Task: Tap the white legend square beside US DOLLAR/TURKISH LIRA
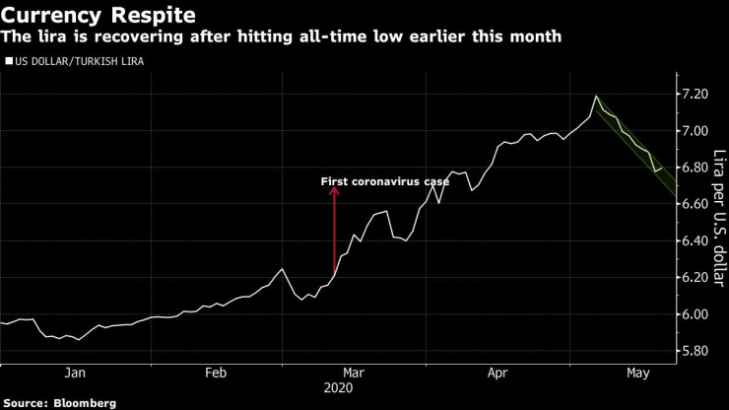(x=9, y=61)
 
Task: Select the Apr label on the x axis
(x=497, y=373)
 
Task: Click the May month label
(x=637, y=373)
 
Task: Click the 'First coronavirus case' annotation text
(x=385, y=181)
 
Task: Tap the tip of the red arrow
(x=334, y=190)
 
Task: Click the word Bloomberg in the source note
(x=86, y=402)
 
